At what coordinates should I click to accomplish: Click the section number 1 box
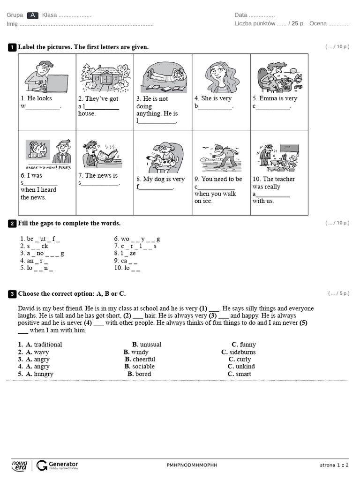[x=12, y=47]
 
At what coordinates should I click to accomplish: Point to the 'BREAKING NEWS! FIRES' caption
[x=49, y=167]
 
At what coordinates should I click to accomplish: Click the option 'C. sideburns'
[x=239, y=352]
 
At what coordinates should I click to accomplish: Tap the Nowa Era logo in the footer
[x=20, y=465]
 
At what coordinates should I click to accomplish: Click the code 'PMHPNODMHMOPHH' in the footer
[x=192, y=465]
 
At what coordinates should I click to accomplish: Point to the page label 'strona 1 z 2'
[x=334, y=465]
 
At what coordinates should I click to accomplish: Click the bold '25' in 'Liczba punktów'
[x=295, y=24]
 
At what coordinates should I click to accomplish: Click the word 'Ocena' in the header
[x=318, y=24]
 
